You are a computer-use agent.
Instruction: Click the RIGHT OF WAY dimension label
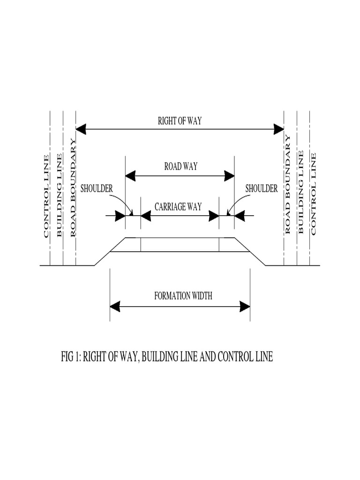(180, 121)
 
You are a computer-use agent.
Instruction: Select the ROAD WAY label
(181, 166)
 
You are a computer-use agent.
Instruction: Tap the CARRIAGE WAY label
(178, 207)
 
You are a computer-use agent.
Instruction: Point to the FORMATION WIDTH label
(183, 296)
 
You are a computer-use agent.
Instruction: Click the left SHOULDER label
(97, 188)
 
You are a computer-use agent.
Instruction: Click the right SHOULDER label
(262, 188)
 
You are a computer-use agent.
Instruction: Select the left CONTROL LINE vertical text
(46, 196)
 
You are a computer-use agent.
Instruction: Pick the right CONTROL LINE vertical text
(313, 194)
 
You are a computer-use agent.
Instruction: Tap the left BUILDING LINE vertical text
(60, 195)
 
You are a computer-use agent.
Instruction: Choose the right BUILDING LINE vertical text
(300, 192)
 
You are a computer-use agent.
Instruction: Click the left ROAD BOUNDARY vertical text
(73, 187)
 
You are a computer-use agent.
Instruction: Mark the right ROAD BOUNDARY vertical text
(287, 185)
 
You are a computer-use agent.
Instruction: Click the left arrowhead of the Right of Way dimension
(81, 129)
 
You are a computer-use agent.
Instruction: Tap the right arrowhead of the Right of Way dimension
(279, 129)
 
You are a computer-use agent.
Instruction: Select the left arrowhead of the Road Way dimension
(130, 176)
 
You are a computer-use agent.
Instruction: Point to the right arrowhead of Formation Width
(245, 307)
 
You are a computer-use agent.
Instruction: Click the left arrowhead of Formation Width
(115, 307)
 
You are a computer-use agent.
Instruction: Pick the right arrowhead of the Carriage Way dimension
(214, 216)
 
